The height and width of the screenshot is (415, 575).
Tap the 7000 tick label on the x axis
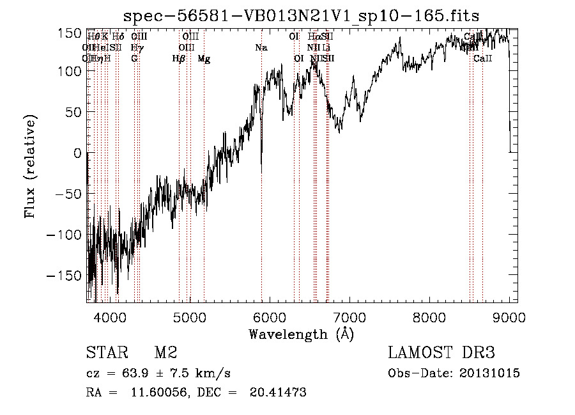(349, 316)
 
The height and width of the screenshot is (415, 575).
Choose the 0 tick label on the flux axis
(77, 153)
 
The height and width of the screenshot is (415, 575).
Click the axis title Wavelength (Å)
(301, 333)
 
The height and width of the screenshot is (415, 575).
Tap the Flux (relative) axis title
(30, 166)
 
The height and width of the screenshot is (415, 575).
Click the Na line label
(261, 48)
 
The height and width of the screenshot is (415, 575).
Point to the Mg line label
(204, 59)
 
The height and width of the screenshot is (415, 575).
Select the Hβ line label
(179, 59)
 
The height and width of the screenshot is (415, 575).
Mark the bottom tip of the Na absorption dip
(261, 171)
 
